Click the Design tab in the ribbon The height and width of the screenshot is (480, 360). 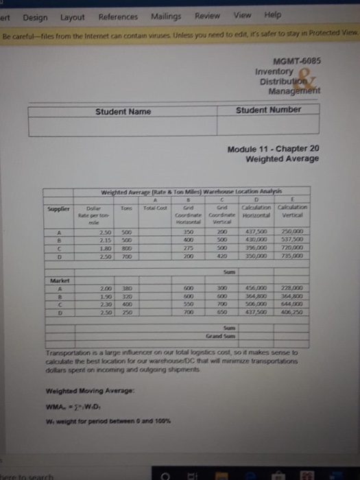coord(34,16)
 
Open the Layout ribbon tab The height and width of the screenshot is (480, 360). coord(71,16)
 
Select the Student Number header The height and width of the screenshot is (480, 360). coord(268,110)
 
